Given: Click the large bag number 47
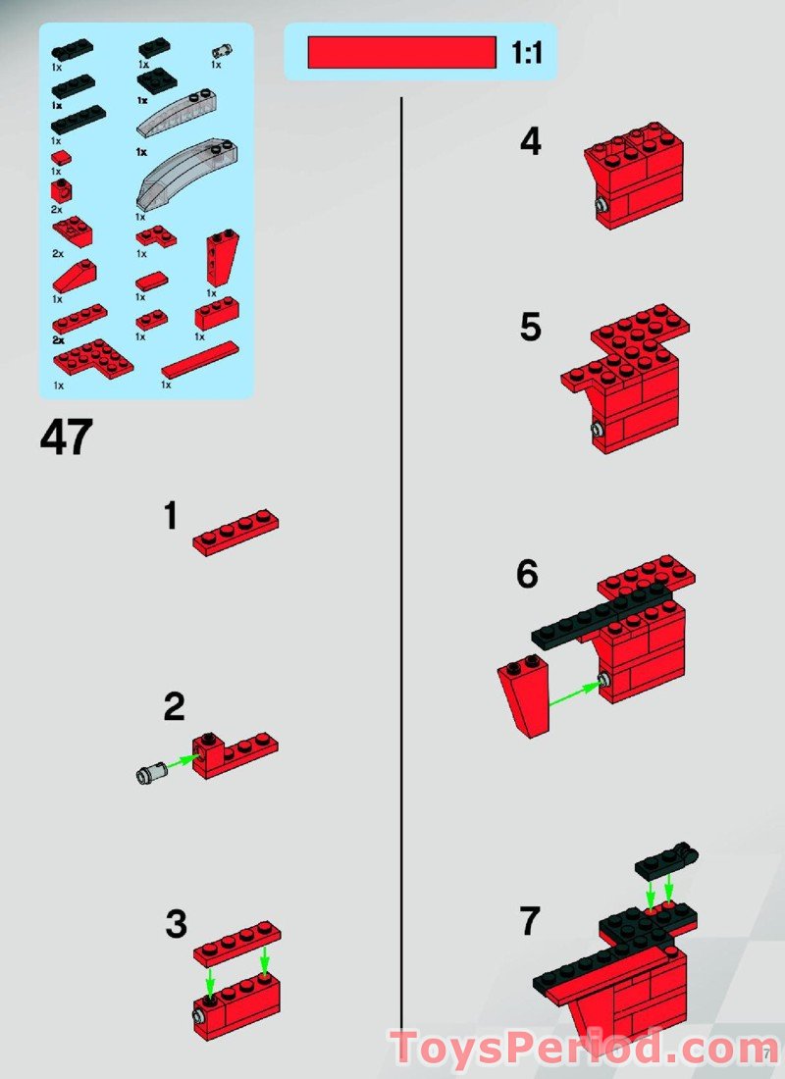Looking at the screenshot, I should (x=67, y=437).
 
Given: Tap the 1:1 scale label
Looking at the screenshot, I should (x=526, y=53).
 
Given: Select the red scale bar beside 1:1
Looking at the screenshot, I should (x=401, y=52).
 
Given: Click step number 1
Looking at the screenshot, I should (x=171, y=516).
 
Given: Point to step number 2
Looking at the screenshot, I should (x=174, y=707).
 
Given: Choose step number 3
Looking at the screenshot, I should (x=176, y=924).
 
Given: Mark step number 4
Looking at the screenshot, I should (x=530, y=143).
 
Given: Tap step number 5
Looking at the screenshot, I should (x=530, y=328).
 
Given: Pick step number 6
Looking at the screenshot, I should (x=528, y=575).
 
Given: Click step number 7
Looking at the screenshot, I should (x=530, y=922).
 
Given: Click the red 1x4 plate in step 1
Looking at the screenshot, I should (x=235, y=532).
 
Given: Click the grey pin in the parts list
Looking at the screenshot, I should (x=222, y=51).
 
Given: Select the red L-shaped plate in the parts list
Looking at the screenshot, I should (x=156, y=236).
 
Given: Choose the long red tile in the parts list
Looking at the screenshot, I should (x=199, y=360).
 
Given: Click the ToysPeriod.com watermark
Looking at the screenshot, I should (x=584, y=1049).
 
